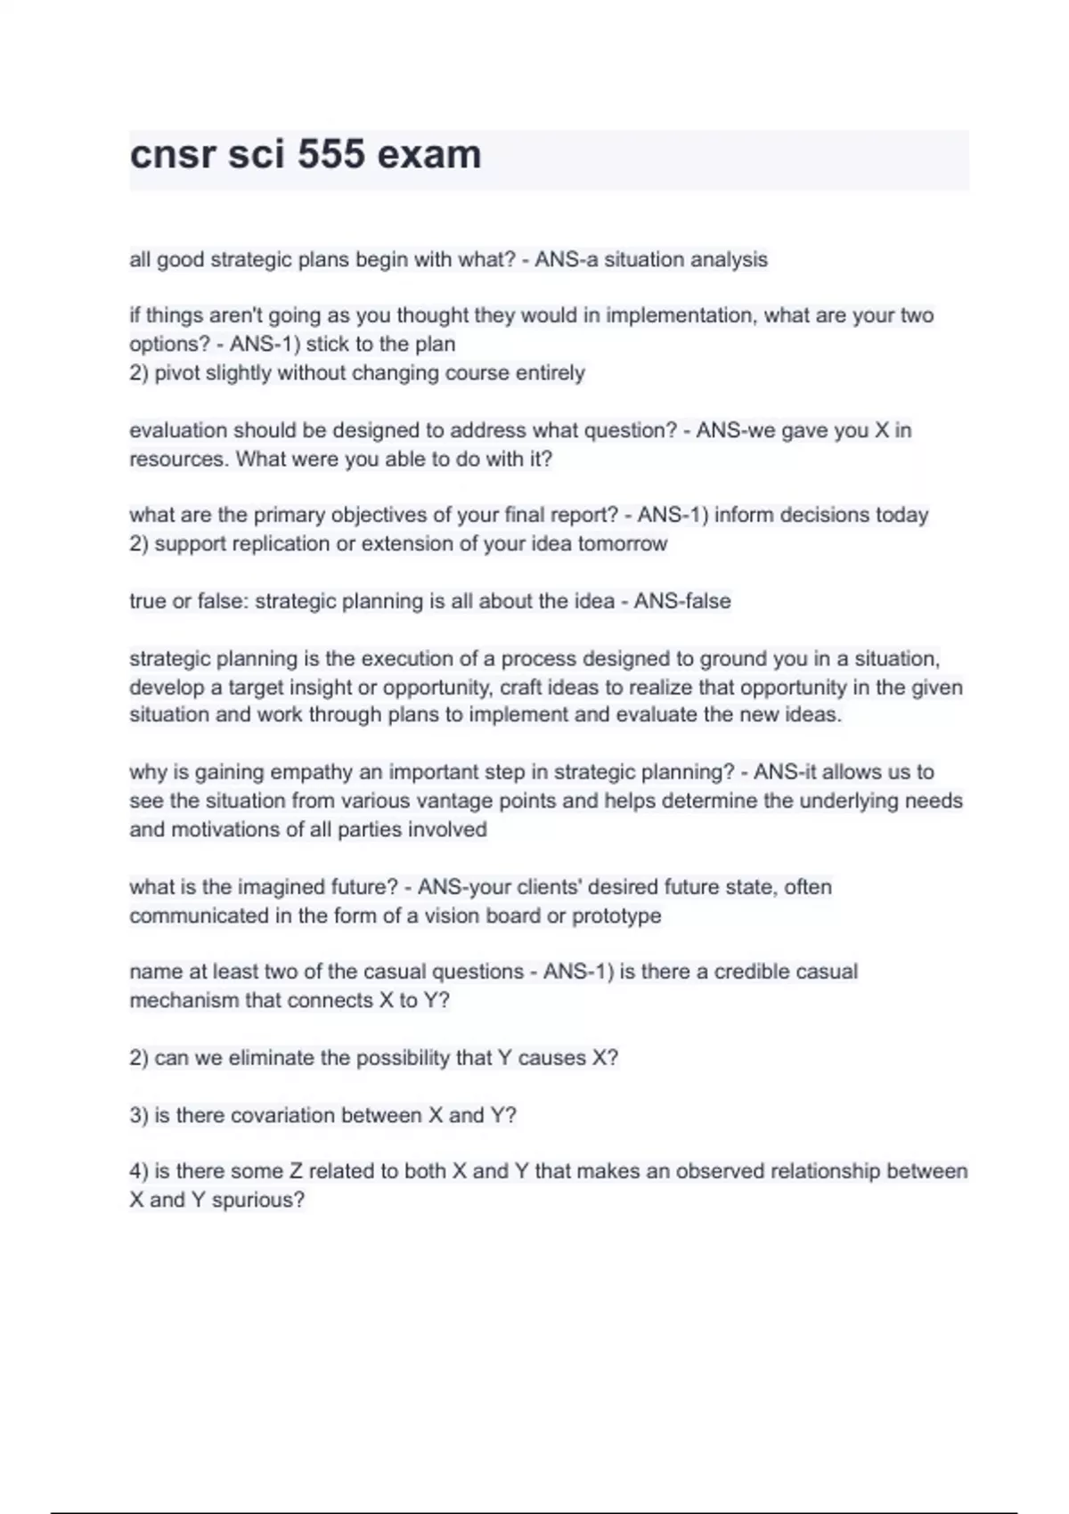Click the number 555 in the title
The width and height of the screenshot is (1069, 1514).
click(x=331, y=155)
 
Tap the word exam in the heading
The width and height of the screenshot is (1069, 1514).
click(x=429, y=155)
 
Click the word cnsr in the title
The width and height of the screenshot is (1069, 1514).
click(x=173, y=155)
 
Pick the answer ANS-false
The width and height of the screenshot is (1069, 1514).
click(x=681, y=602)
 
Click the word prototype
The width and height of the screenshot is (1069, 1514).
click(x=616, y=916)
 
